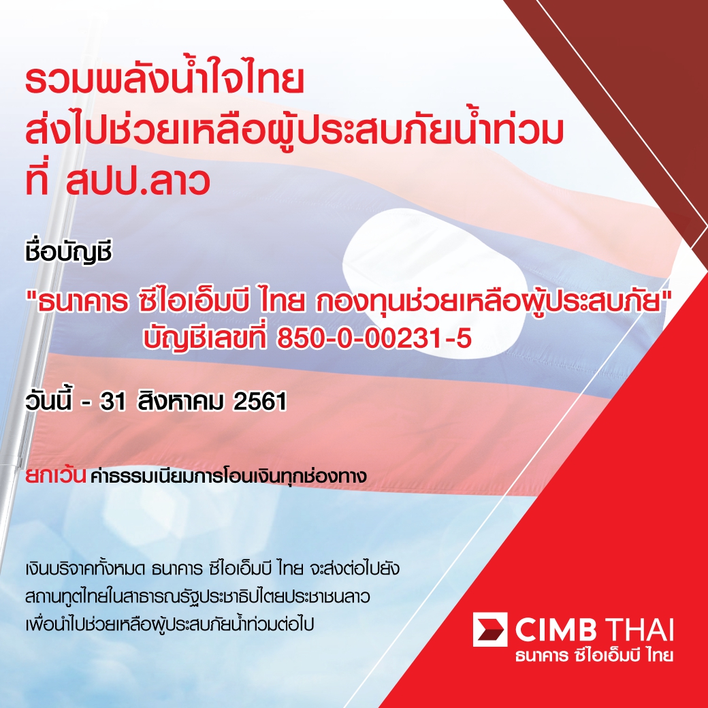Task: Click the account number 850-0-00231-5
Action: pyautogui.click(x=374, y=338)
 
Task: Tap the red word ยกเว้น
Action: pyautogui.click(x=55, y=475)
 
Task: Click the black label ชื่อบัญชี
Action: pyautogui.click(x=68, y=253)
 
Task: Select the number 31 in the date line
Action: pyautogui.click(x=113, y=402)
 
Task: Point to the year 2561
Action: pyautogui.click(x=259, y=402)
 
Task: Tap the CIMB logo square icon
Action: pyautogui.click(x=490, y=629)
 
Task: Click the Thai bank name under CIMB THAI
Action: pyautogui.click(x=594, y=655)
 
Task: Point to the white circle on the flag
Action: pyautogui.click(x=434, y=283)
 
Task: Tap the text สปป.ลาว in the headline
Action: pyautogui.click(x=138, y=181)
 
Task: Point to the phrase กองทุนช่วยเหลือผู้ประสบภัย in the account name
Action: pyautogui.click(x=489, y=302)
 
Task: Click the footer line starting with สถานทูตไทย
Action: pyautogui.click(x=197, y=596)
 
